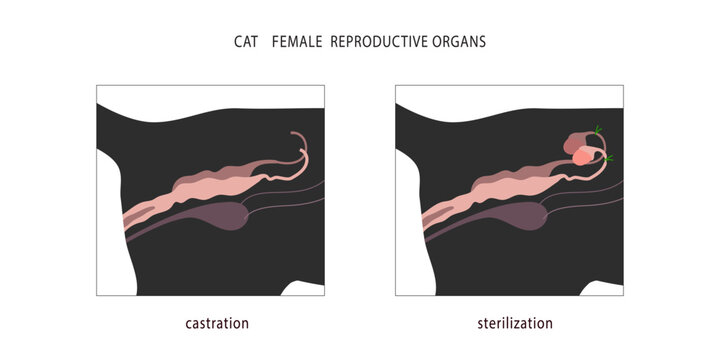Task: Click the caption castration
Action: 217,323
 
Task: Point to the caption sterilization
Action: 513,323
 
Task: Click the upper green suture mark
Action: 598,129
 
